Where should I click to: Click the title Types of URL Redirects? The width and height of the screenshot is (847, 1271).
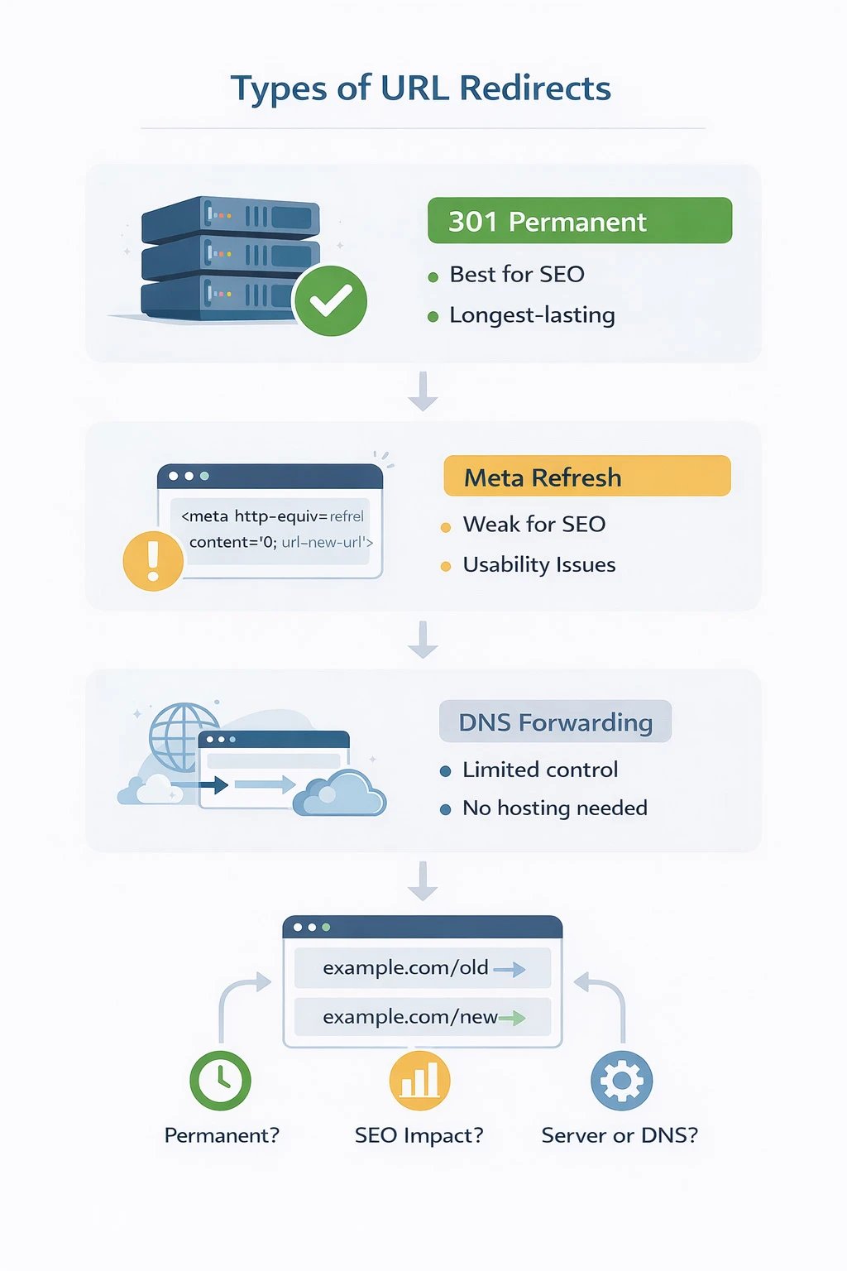(x=420, y=89)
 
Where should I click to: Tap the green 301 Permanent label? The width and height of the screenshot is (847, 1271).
(x=579, y=221)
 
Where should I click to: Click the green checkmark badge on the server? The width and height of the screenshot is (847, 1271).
(x=330, y=300)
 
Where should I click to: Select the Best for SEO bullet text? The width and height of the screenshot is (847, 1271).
(x=516, y=275)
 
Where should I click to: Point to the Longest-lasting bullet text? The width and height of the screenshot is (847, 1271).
(x=532, y=315)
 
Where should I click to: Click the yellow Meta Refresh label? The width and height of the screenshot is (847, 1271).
(x=586, y=477)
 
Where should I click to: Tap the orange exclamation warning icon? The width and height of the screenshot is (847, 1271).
(x=153, y=560)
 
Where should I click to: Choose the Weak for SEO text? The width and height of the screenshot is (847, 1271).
(x=534, y=525)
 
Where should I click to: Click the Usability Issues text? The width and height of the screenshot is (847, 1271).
(x=538, y=565)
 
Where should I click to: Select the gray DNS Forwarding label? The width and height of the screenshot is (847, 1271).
(x=555, y=722)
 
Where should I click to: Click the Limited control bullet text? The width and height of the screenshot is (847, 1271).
(x=539, y=770)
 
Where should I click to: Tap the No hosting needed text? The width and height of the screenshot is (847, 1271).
(x=554, y=808)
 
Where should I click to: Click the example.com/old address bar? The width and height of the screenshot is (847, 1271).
(x=422, y=968)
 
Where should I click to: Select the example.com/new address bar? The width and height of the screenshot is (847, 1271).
(x=422, y=1017)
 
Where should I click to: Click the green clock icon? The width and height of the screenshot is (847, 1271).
(x=220, y=1080)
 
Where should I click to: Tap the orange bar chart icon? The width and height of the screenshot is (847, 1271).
(x=419, y=1080)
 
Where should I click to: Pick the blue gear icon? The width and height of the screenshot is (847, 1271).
(x=621, y=1080)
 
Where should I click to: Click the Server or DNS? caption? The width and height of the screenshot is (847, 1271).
(x=620, y=1135)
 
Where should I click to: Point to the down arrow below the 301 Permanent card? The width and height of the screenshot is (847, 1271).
(x=423, y=391)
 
